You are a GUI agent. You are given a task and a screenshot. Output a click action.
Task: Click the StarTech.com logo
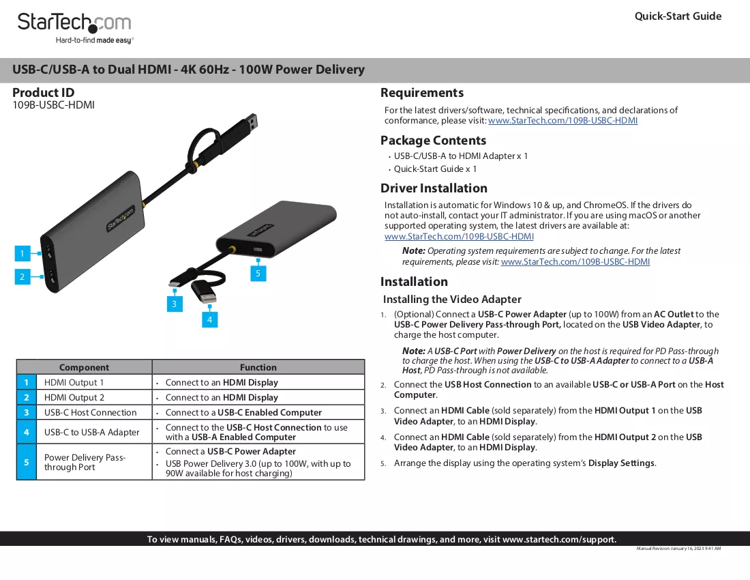click(74, 28)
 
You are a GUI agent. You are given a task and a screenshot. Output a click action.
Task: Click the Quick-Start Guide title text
click(678, 16)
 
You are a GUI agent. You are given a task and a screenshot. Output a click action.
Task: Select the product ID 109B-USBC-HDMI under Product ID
click(54, 105)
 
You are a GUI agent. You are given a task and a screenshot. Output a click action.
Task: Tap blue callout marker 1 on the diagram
click(22, 254)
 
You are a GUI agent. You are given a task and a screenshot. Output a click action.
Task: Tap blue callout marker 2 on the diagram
click(22, 276)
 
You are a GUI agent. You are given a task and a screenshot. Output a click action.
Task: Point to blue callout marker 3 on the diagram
click(175, 304)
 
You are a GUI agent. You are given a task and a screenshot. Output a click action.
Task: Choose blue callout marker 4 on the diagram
click(209, 319)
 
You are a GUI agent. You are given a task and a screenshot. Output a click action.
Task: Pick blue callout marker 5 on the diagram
click(258, 273)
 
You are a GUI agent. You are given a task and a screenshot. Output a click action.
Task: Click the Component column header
click(84, 367)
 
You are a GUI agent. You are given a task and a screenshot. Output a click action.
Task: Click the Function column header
click(258, 367)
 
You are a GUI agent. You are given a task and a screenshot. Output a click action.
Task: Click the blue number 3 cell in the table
click(27, 413)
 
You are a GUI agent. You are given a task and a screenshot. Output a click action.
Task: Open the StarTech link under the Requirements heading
click(563, 121)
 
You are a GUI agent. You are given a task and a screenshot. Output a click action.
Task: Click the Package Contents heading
click(434, 140)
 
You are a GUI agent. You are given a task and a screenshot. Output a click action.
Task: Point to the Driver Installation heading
click(434, 188)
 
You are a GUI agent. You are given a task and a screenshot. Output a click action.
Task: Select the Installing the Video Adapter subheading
click(452, 300)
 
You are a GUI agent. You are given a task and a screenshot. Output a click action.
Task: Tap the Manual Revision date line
click(678, 549)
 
